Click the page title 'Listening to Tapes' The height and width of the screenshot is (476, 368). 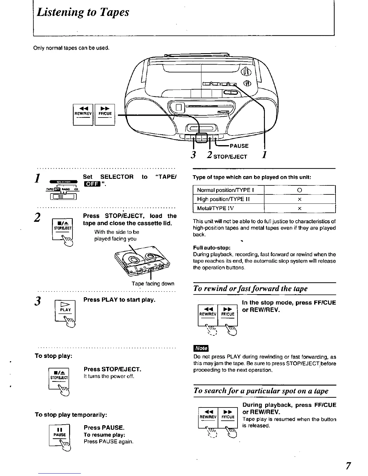(83, 12)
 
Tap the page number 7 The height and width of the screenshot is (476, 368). (348, 466)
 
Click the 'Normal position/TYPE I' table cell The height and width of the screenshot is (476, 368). (228, 190)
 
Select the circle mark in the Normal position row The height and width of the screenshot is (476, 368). (299, 190)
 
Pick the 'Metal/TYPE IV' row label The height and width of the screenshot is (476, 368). (215, 208)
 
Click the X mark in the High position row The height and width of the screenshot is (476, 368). (299, 199)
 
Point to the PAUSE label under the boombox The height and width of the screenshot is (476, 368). (239, 146)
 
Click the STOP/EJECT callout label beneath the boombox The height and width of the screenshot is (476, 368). (230, 157)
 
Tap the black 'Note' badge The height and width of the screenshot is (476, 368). (201, 348)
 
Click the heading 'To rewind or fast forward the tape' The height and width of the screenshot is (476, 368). (251, 288)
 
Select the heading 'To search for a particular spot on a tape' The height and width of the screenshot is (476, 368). (261, 391)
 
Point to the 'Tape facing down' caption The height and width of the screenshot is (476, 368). (153, 284)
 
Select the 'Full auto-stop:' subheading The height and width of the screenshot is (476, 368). (212, 248)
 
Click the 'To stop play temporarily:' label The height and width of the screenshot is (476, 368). (71, 415)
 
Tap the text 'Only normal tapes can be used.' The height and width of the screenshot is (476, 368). (71, 48)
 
